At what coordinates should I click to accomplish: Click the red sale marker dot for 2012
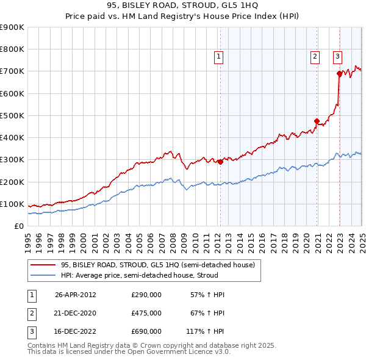click(220, 162)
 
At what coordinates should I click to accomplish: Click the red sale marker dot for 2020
click(317, 121)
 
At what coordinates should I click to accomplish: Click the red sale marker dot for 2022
click(339, 73)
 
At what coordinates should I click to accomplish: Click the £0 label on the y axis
click(18, 226)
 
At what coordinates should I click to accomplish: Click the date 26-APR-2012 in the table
click(76, 295)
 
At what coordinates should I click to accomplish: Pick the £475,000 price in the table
click(146, 313)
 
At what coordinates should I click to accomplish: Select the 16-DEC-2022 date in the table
click(76, 331)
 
